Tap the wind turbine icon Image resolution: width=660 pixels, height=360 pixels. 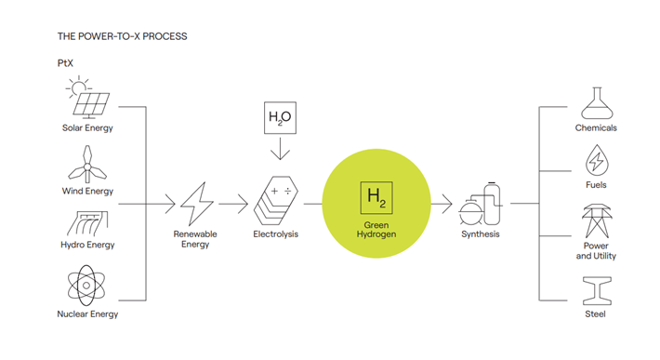(x=87, y=165)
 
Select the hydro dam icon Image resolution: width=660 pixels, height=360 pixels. (x=87, y=222)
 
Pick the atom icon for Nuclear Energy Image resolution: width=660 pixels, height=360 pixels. (x=87, y=286)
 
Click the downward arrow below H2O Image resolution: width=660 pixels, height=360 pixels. (x=280, y=150)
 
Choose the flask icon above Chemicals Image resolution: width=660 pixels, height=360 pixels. (x=596, y=101)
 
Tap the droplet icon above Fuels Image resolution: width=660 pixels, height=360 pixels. (x=596, y=162)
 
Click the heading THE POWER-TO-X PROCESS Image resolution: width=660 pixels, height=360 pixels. (x=122, y=36)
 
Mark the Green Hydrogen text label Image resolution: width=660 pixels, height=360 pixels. (x=376, y=230)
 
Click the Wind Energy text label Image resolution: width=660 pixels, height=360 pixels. (x=87, y=192)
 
